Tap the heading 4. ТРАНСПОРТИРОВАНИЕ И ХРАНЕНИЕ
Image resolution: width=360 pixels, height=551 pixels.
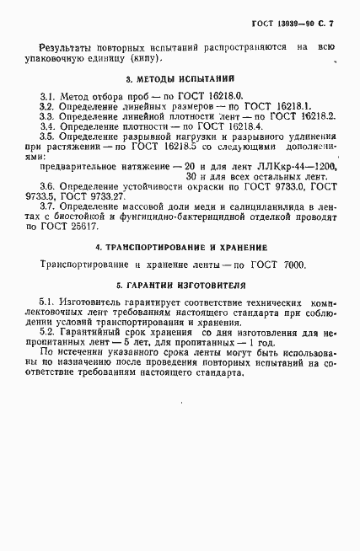tap(181, 248)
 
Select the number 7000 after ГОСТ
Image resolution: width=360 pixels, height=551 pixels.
tap(289, 265)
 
